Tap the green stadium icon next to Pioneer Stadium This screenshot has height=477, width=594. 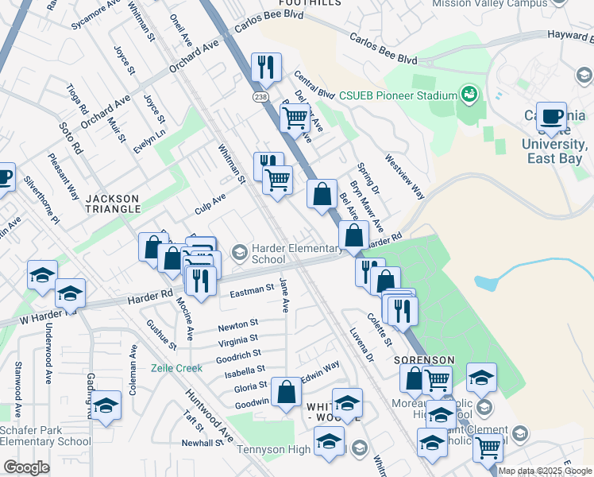469,95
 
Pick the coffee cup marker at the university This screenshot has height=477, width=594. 551,116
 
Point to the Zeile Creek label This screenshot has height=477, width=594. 177,368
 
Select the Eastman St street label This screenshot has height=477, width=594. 251,290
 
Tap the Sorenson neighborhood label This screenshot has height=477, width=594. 424,359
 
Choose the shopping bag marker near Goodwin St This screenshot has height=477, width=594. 286,391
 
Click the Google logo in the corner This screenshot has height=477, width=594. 26,467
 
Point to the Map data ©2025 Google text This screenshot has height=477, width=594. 546,471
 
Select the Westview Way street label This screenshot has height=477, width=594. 405,177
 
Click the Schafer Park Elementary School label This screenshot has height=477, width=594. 45,436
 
